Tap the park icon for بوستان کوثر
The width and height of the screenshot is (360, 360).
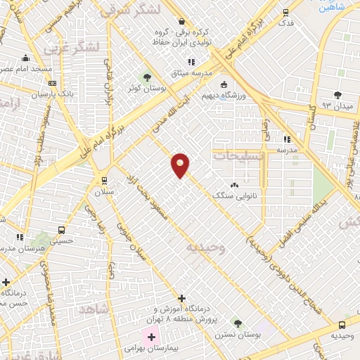point(147,77)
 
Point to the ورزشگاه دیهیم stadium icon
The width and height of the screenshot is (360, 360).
point(224,85)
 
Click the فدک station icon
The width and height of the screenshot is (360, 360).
point(285,12)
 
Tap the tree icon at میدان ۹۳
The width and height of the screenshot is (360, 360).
point(337,95)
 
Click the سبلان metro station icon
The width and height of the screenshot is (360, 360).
point(104,179)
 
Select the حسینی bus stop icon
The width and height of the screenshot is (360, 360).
point(62,229)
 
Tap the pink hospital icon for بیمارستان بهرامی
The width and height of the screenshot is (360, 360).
point(151,337)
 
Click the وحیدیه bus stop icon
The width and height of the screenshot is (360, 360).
point(342,325)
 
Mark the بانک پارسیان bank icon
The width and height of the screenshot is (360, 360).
point(51,82)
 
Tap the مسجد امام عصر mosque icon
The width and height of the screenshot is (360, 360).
point(26,58)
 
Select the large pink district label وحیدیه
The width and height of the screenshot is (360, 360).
point(206,247)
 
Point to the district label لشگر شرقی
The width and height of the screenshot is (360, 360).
point(129,9)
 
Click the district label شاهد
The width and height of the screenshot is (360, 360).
point(96,309)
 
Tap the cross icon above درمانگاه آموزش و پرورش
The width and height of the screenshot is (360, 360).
point(182,299)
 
